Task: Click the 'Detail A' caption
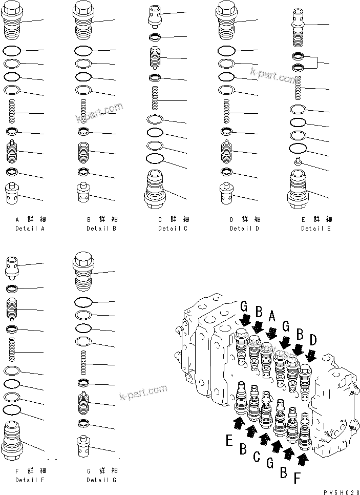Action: tap(30, 228)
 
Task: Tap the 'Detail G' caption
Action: tap(101, 480)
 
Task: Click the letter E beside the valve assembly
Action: tap(230, 440)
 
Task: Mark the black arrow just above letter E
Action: tap(238, 423)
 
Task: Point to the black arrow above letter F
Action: tap(303, 459)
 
